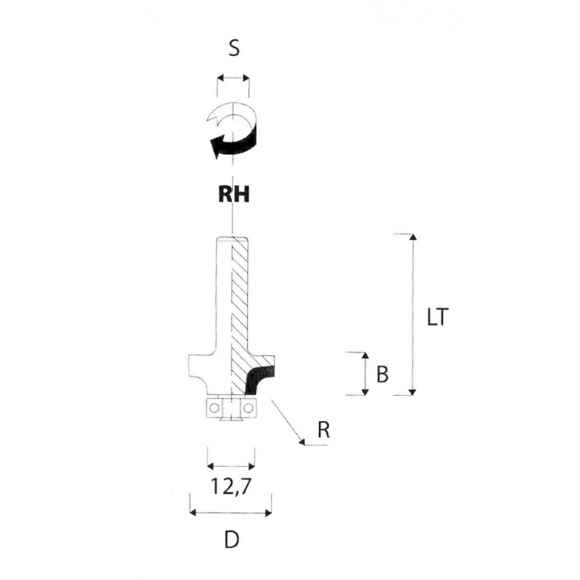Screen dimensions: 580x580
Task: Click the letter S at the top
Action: point(233,49)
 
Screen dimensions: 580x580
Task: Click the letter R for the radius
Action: point(324,429)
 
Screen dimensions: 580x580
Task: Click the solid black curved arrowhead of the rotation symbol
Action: point(216,149)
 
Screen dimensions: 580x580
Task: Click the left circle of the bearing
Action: point(215,409)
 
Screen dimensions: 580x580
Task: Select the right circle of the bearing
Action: point(248,409)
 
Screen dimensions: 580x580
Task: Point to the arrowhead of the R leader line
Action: point(300,439)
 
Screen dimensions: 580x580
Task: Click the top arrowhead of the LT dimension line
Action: point(413,237)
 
